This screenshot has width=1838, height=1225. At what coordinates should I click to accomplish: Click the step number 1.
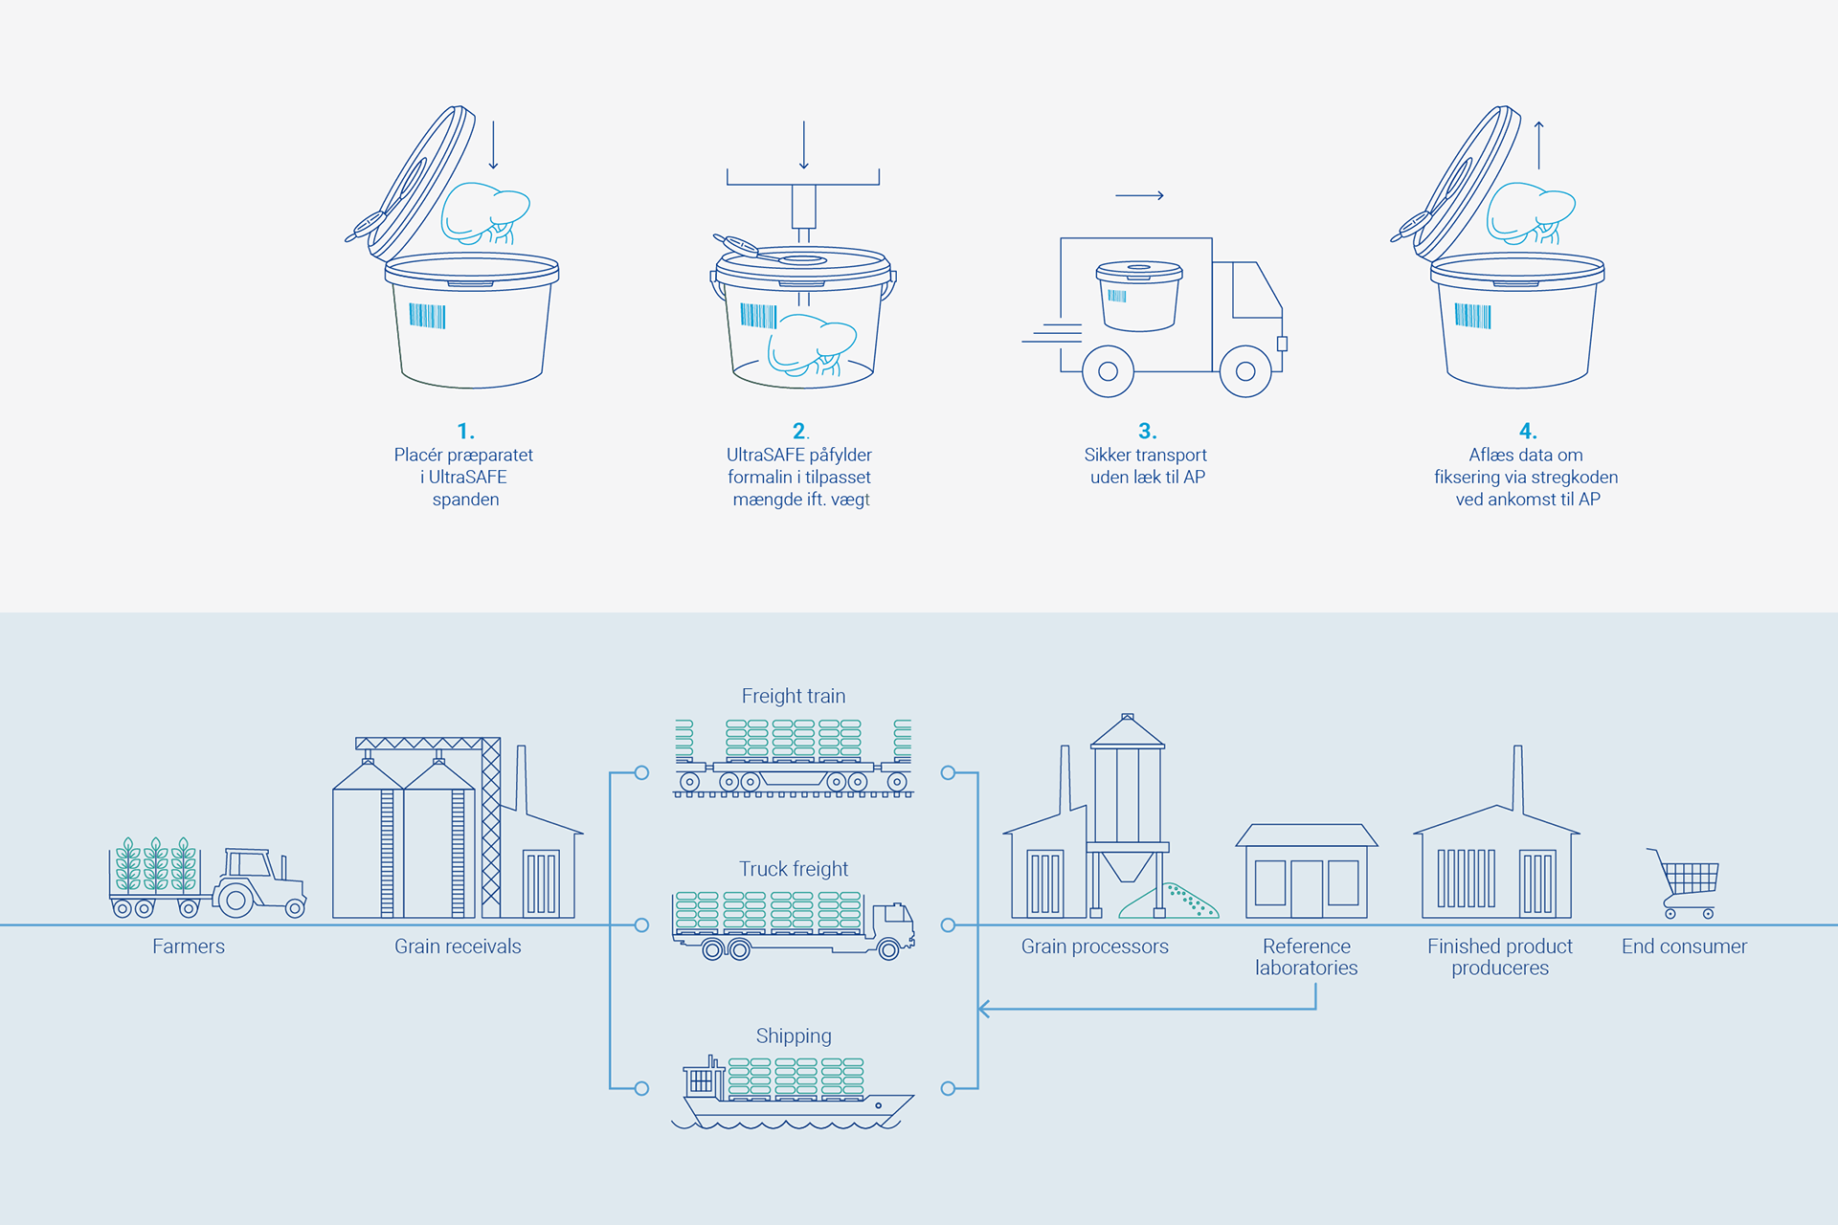click(465, 431)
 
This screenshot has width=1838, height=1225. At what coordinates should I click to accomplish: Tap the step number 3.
click(1147, 431)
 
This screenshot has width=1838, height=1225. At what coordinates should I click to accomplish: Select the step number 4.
click(1527, 431)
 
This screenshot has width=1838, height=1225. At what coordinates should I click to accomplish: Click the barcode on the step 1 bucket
click(427, 316)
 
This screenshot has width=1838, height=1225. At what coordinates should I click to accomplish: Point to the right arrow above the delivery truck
click(1139, 195)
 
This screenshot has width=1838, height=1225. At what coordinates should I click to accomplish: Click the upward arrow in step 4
click(1539, 144)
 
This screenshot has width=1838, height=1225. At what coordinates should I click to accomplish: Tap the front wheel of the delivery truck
click(1245, 371)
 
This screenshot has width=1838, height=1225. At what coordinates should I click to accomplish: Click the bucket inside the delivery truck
click(1138, 296)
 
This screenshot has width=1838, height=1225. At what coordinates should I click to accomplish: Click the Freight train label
click(794, 696)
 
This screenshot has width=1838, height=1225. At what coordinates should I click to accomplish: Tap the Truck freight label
click(794, 869)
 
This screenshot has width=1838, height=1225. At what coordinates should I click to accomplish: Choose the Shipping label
click(794, 1036)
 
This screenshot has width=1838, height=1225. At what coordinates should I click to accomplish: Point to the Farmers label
click(189, 947)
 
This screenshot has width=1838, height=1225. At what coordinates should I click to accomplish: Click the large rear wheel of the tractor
click(235, 900)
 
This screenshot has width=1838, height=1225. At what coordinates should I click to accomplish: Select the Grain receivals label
click(458, 947)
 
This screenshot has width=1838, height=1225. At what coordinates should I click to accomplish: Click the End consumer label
click(1684, 947)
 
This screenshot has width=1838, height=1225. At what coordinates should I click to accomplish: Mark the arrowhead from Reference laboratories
click(984, 1009)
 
